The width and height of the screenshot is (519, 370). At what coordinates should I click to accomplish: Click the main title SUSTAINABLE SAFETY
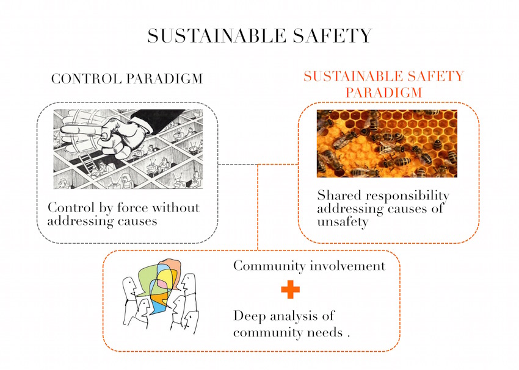click(x=260, y=36)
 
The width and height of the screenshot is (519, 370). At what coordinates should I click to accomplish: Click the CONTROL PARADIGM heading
click(x=127, y=79)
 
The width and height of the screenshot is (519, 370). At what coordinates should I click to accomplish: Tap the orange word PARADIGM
click(x=384, y=93)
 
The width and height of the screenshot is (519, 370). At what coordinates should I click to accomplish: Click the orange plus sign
click(x=290, y=290)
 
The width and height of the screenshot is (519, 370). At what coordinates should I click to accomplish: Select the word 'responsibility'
click(x=407, y=196)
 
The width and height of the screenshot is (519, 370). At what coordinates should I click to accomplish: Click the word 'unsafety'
click(x=343, y=222)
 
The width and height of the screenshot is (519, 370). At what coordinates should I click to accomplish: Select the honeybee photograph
click(x=387, y=143)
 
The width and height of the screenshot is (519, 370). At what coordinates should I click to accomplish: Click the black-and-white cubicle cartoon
click(x=128, y=149)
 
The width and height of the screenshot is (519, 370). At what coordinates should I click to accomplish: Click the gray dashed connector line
click(x=238, y=164)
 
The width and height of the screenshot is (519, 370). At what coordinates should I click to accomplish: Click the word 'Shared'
click(x=339, y=196)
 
